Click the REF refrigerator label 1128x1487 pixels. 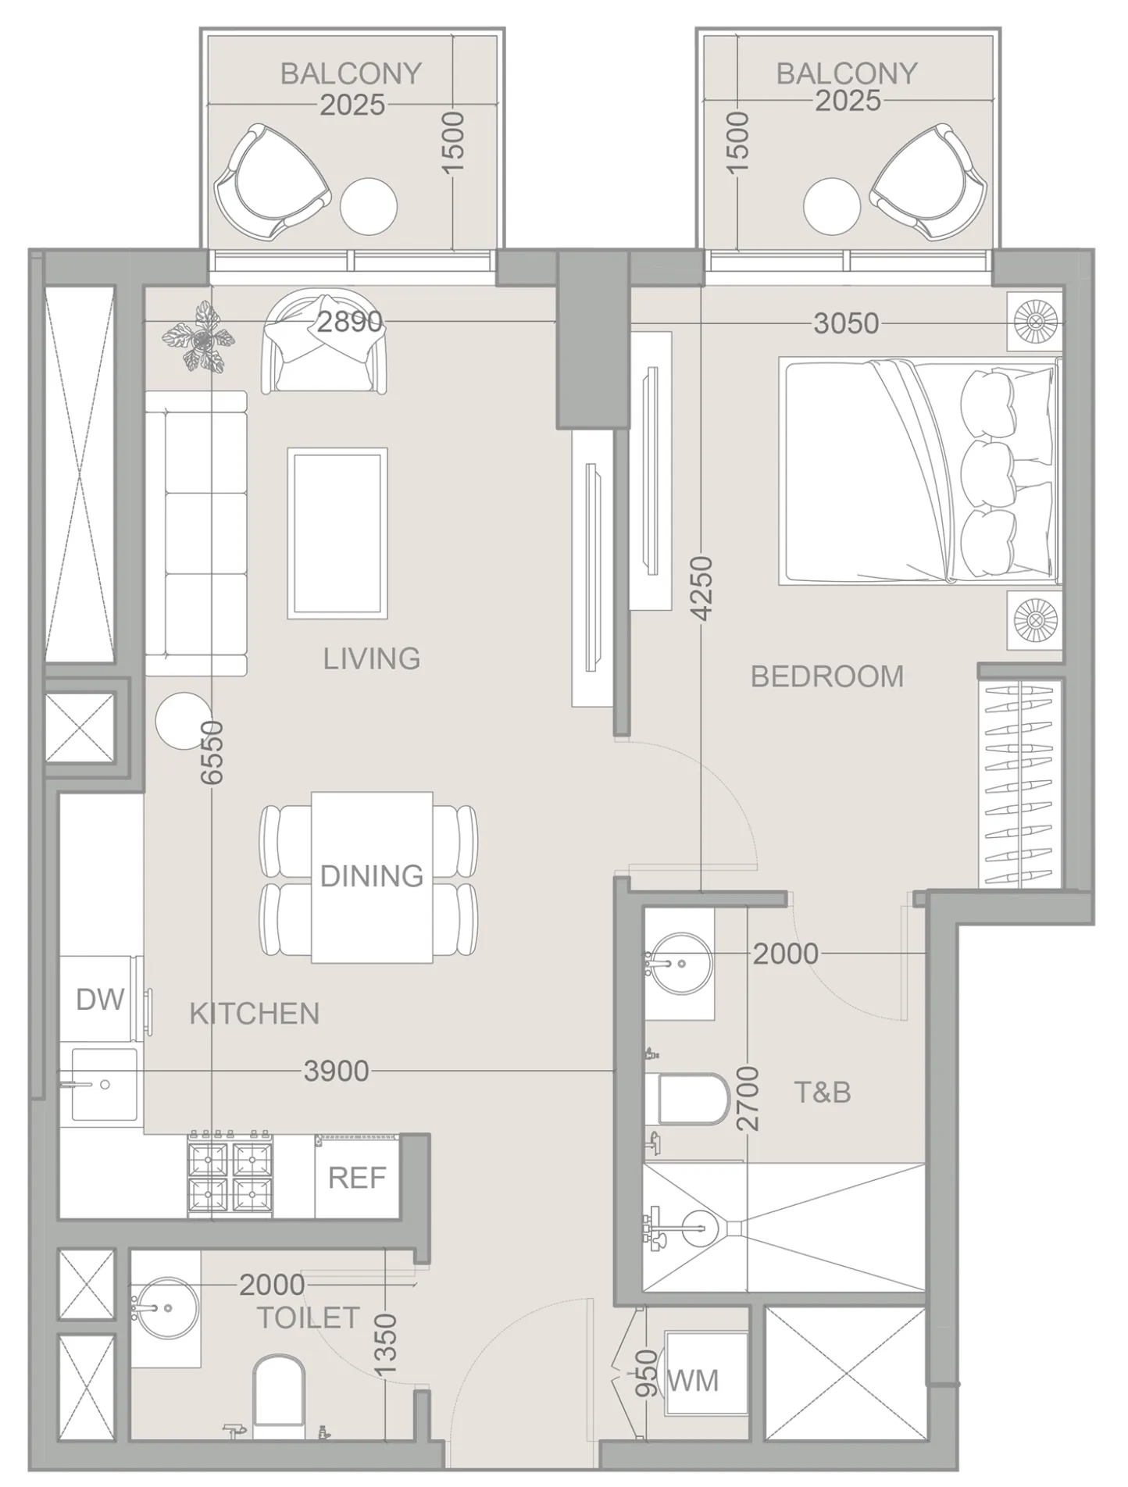pos(357,1178)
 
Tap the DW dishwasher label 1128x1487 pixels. pos(100,999)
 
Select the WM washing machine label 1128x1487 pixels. pos(693,1381)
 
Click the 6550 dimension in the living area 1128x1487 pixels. pos(212,753)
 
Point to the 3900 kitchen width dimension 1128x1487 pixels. pos(336,1072)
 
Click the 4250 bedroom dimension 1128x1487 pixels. pos(703,588)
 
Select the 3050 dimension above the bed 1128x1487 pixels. pos(846,323)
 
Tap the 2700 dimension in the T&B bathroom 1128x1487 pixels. pos(748,1098)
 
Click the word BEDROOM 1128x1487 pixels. pos(827,676)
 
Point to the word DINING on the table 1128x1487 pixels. pos(372,876)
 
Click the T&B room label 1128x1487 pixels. pos(822,1093)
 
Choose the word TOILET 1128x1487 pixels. pos(309,1318)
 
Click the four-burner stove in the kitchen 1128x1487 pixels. pos(230,1175)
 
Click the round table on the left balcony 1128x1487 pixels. pos(369,206)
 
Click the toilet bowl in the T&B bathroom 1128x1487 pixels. pos(692,1098)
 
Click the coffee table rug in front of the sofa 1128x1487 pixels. pos(337,533)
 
